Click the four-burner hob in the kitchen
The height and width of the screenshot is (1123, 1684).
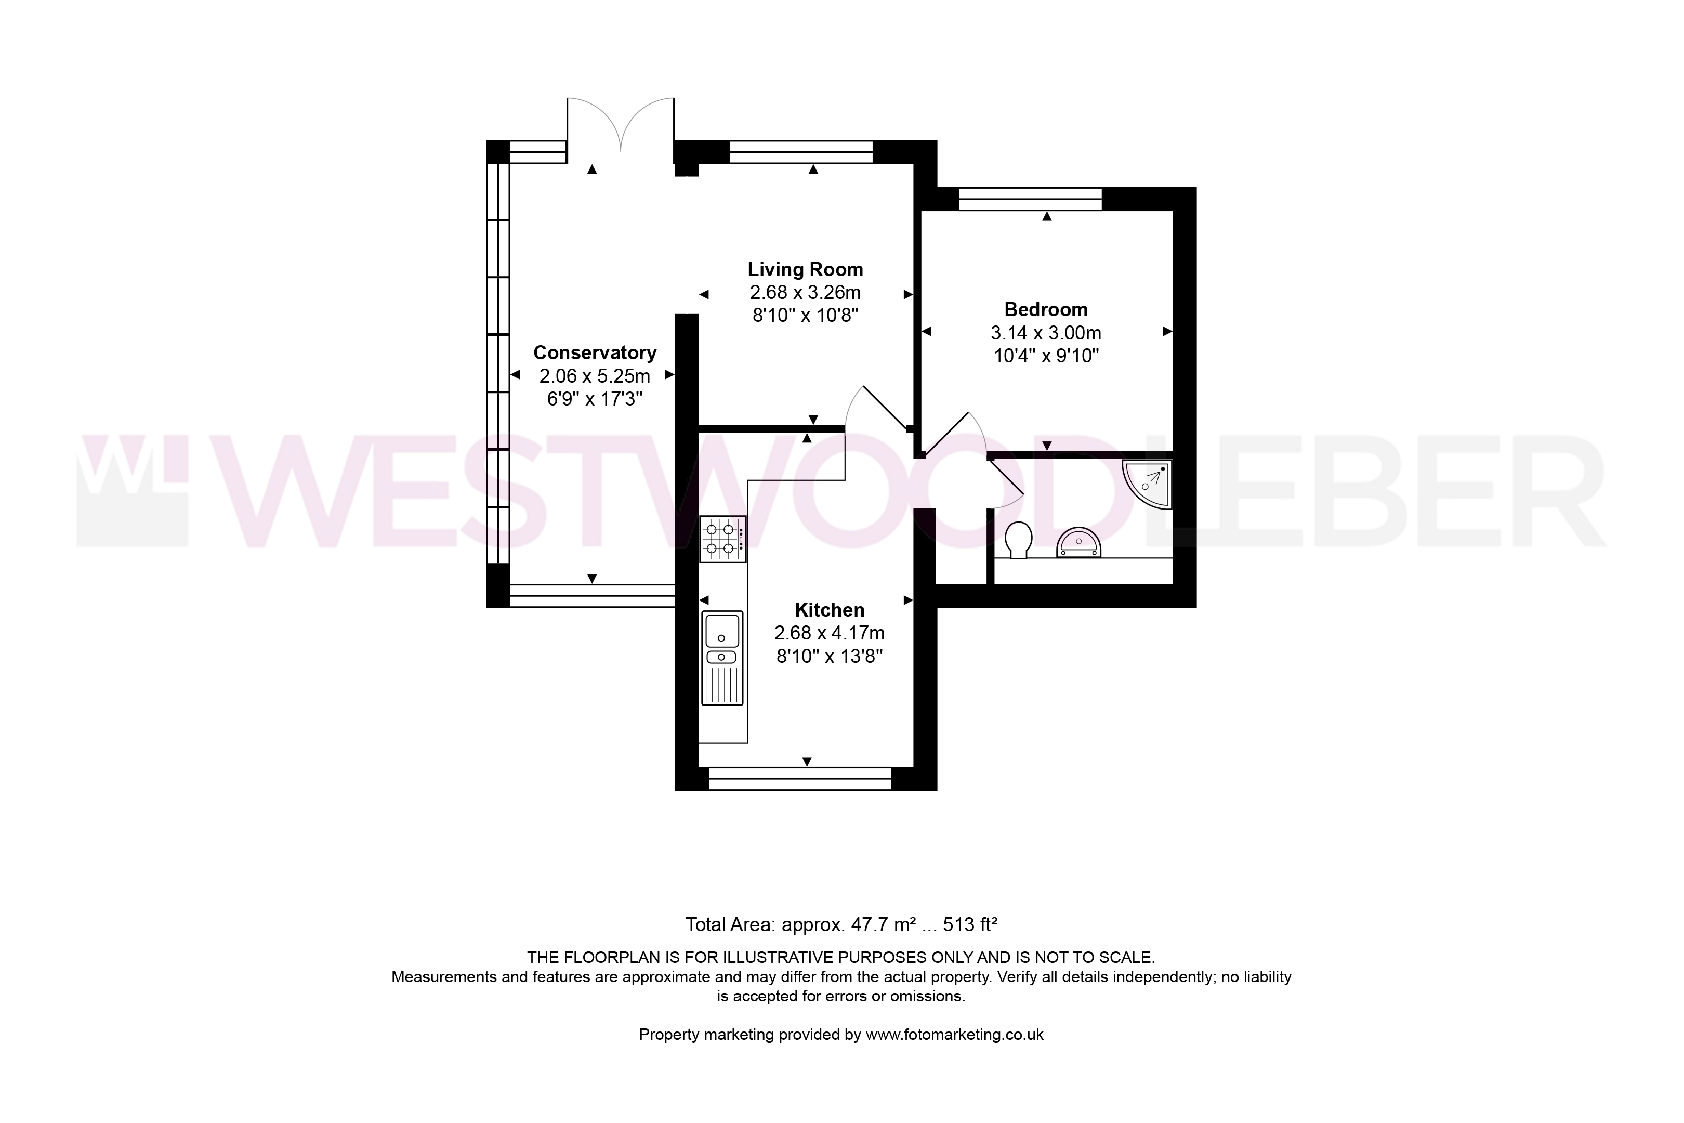723,539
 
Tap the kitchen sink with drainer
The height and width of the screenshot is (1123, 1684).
723,658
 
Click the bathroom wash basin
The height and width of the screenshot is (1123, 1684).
1078,543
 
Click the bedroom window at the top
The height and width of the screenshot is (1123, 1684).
1030,199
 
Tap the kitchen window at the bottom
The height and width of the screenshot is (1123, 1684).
800,778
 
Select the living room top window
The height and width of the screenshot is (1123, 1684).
801,152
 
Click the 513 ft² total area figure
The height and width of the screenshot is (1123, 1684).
970,924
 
